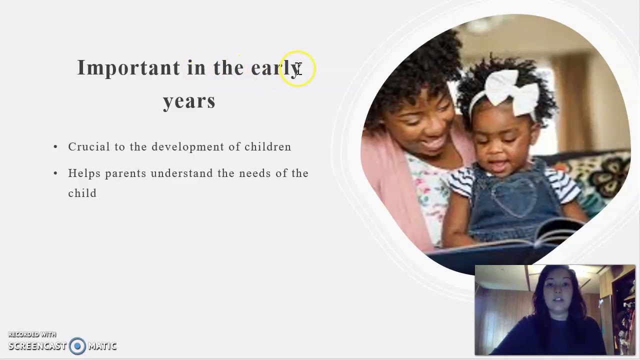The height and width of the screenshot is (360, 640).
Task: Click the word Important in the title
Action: (128, 68)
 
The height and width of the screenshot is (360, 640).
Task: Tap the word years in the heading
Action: (189, 101)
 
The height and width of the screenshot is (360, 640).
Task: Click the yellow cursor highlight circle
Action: (298, 68)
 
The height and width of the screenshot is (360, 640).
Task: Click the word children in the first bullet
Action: (267, 147)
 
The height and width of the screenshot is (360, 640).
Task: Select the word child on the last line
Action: (82, 193)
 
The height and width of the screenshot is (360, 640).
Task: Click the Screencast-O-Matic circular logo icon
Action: (77, 346)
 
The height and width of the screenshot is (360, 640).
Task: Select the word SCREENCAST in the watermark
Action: (37, 346)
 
